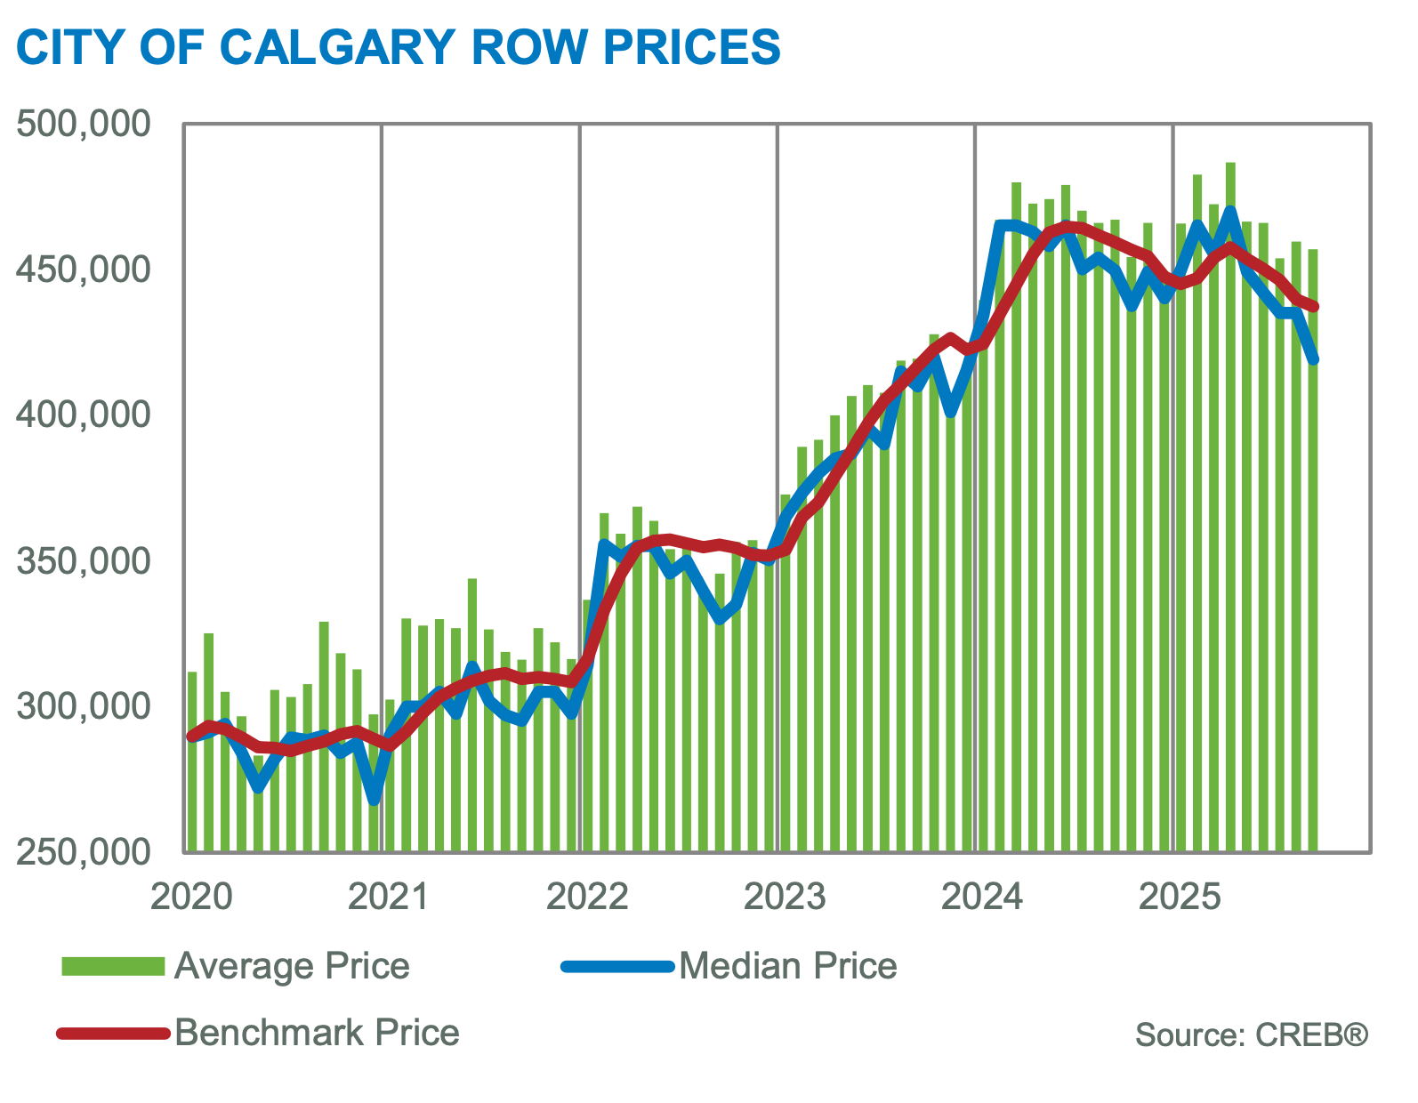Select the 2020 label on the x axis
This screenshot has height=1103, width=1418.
click(x=191, y=897)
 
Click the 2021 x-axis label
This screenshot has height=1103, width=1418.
click(x=389, y=897)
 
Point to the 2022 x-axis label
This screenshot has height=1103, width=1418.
click(x=587, y=897)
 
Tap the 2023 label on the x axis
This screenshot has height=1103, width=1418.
click(x=785, y=897)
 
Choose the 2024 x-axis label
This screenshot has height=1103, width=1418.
click(x=982, y=897)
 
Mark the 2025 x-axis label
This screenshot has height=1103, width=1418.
click(x=1180, y=897)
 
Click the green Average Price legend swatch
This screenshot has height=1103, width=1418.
click(x=113, y=967)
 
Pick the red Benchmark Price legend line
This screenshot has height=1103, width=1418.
click(x=113, y=1033)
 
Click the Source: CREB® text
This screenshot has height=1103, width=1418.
click(x=1251, y=1035)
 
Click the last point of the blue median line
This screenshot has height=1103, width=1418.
click(x=1314, y=359)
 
